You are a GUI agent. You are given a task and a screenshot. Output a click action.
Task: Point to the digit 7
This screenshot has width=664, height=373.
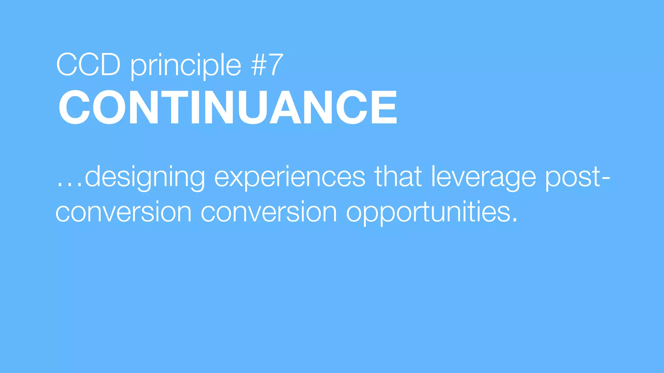pos(276,65)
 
